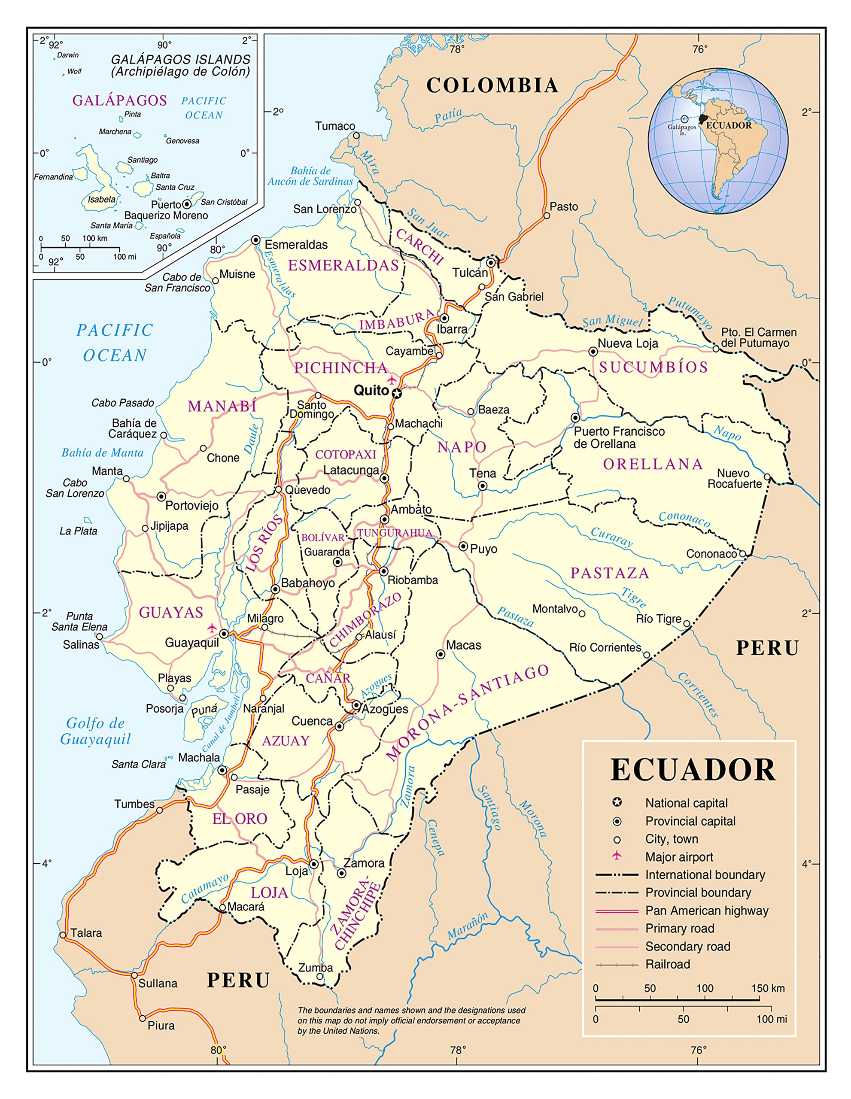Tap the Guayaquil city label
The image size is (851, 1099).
[x=192, y=643]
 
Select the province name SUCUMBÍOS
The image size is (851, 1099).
[x=653, y=367]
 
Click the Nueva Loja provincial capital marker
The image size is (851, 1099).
[x=593, y=352]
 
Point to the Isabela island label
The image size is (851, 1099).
[x=102, y=199]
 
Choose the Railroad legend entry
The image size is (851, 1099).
[x=667, y=964]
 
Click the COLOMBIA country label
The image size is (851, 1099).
[x=492, y=85]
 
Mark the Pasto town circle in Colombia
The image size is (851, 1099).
[x=547, y=216]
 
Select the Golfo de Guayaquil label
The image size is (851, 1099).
[x=95, y=731]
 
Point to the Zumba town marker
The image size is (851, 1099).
[x=319, y=977]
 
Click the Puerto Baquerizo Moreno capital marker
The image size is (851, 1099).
[x=187, y=204]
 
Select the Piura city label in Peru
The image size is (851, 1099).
[x=161, y=1026]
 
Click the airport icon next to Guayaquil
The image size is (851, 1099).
[x=212, y=628]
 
